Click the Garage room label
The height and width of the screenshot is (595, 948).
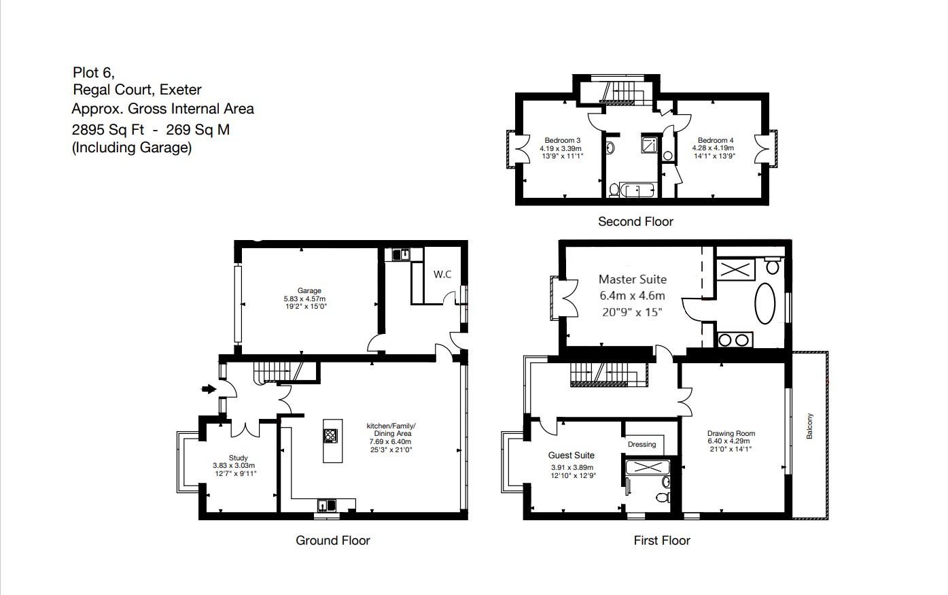(309, 291)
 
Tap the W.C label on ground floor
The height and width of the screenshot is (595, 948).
(442, 275)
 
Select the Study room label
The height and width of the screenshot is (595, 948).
(238, 458)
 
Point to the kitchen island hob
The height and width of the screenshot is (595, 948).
(331, 436)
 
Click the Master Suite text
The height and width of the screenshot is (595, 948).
(632, 279)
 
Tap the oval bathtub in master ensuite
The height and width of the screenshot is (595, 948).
(765, 304)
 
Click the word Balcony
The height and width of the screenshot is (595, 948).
(809, 426)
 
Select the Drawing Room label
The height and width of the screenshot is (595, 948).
(731, 433)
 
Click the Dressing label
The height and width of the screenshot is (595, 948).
(642, 444)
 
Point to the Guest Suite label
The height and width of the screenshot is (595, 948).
(571, 456)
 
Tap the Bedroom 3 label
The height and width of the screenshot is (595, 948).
(561, 140)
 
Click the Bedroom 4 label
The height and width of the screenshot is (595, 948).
(715, 140)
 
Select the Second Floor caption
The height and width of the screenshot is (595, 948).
(635, 222)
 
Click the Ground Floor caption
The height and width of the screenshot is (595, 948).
(332, 541)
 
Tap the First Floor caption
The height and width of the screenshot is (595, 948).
(661, 541)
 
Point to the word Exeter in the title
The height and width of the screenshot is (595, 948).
(181, 90)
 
